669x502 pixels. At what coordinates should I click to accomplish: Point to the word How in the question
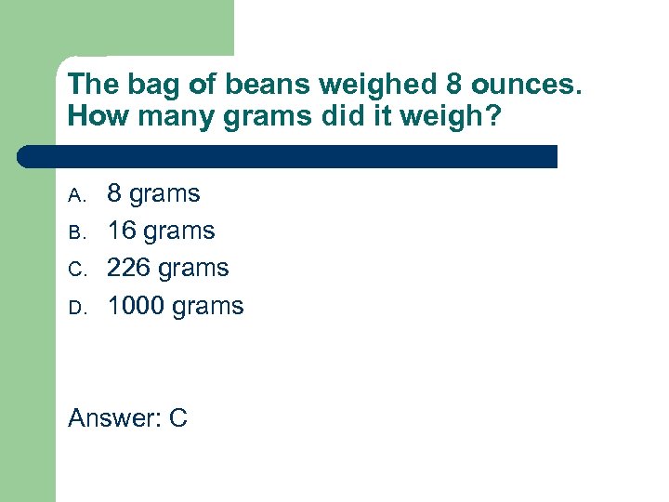94,118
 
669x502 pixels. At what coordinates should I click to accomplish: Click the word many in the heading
164,118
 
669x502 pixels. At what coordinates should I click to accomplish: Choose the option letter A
77,195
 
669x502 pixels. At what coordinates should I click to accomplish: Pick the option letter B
77,232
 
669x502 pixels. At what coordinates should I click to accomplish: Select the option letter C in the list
77,270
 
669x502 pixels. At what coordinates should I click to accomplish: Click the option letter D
77,308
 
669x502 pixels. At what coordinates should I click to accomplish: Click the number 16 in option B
122,231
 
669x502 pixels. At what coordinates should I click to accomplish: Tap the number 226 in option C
129,268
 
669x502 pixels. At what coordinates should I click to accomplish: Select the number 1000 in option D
137,306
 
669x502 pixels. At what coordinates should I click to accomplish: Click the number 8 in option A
114,193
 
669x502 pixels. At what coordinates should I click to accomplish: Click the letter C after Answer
178,418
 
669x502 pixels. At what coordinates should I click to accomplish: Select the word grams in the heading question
250,118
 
